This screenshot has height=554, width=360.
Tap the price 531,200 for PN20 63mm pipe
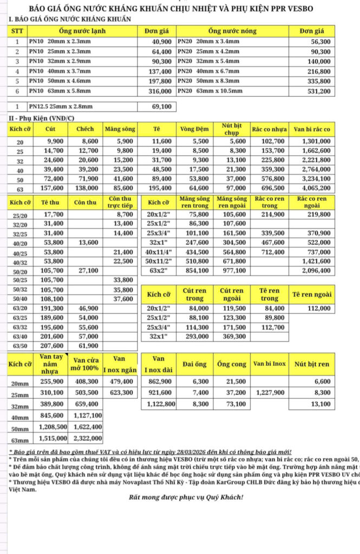pyautogui.click(x=319, y=91)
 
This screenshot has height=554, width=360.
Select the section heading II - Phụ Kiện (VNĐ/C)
pyautogui.click(x=42, y=118)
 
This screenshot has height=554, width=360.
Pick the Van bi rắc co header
pyautogui.click(x=311, y=129)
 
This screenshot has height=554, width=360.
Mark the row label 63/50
pyautogui.click(x=20, y=346)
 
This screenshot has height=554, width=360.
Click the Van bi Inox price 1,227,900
pyautogui.click(x=270, y=392)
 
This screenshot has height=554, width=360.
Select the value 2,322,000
pyautogui.click(x=87, y=438)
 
